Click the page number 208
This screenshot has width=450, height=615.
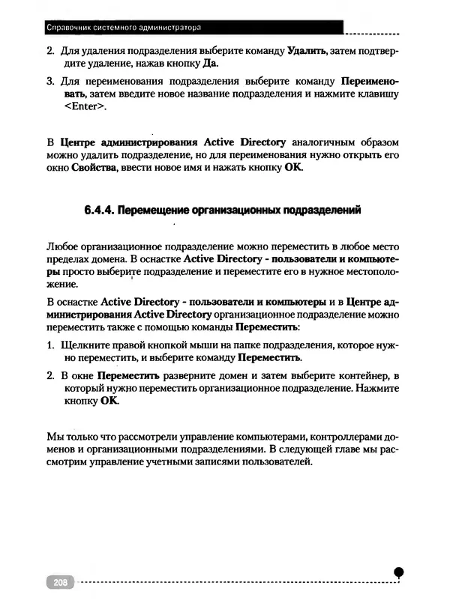pos(58,581)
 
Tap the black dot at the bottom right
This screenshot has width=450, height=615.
pos(399,571)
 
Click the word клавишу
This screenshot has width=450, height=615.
pos(379,94)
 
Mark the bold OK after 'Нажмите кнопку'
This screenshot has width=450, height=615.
pos(109,403)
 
